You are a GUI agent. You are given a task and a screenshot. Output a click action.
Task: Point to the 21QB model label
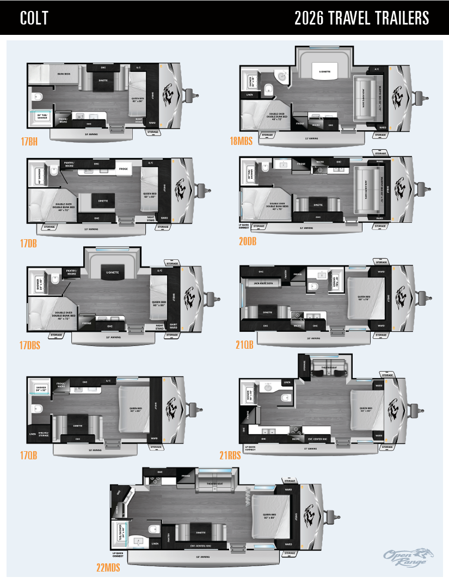pos(245,345)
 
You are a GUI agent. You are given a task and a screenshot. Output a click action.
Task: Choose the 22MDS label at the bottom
pos(108,567)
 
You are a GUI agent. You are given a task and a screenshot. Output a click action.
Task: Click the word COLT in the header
pos(34,19)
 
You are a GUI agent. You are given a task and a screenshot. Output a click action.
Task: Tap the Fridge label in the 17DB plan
pos(124,169)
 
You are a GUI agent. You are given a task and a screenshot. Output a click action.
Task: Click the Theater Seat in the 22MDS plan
pos(214,483)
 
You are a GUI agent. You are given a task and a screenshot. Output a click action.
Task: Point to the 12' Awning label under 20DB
pos(308,228)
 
